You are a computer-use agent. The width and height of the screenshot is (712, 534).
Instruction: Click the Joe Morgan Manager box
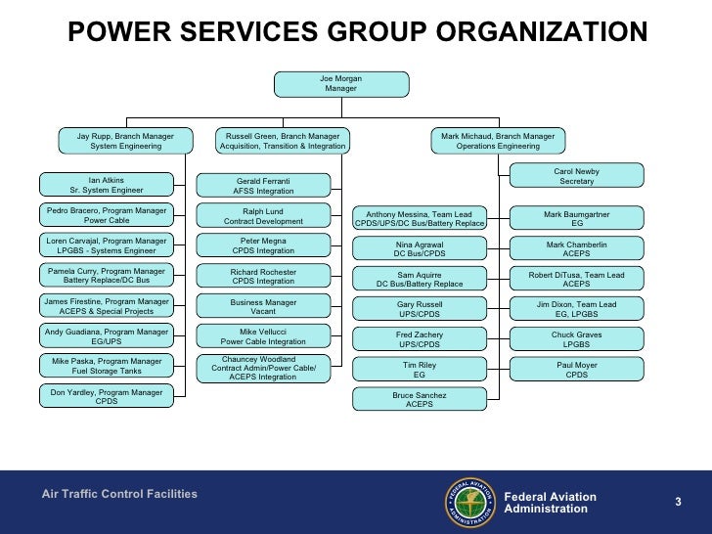[340, 83]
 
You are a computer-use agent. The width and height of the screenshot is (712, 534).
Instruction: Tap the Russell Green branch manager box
[283, 141]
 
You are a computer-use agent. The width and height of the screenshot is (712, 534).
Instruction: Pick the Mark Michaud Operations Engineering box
[498, 141]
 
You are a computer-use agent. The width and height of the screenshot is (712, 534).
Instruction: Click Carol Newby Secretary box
[576, 176]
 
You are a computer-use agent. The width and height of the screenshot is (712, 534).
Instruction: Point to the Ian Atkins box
[107, 185]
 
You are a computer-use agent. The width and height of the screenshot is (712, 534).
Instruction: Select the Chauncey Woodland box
[263, 368]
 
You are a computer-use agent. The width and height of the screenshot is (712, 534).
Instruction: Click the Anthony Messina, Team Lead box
[420, 218]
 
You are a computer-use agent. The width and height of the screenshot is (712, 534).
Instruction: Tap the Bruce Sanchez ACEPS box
[420, 400]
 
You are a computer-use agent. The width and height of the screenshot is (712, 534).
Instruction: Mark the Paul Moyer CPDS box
[576, 370]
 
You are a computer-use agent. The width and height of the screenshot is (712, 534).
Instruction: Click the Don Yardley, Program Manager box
[107, 395]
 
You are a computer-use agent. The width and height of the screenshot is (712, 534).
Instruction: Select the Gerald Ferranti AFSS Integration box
[263, 186]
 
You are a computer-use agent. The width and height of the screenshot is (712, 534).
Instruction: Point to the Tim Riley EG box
[420, 370]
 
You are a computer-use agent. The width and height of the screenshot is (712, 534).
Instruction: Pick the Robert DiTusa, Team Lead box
[576, 279]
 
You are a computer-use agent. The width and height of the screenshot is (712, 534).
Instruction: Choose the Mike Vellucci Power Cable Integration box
[263, 337]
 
